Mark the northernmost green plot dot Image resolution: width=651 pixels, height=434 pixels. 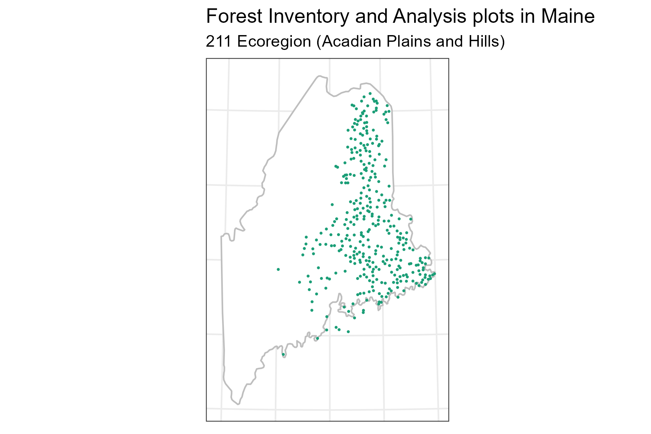coord(370,93)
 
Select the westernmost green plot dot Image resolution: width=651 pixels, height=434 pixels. coord(278,269)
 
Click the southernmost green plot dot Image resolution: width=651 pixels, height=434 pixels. coord(283,354)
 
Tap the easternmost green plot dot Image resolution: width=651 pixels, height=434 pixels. coord(434,273)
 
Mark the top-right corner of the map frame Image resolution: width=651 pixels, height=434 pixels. coord(448,58)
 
